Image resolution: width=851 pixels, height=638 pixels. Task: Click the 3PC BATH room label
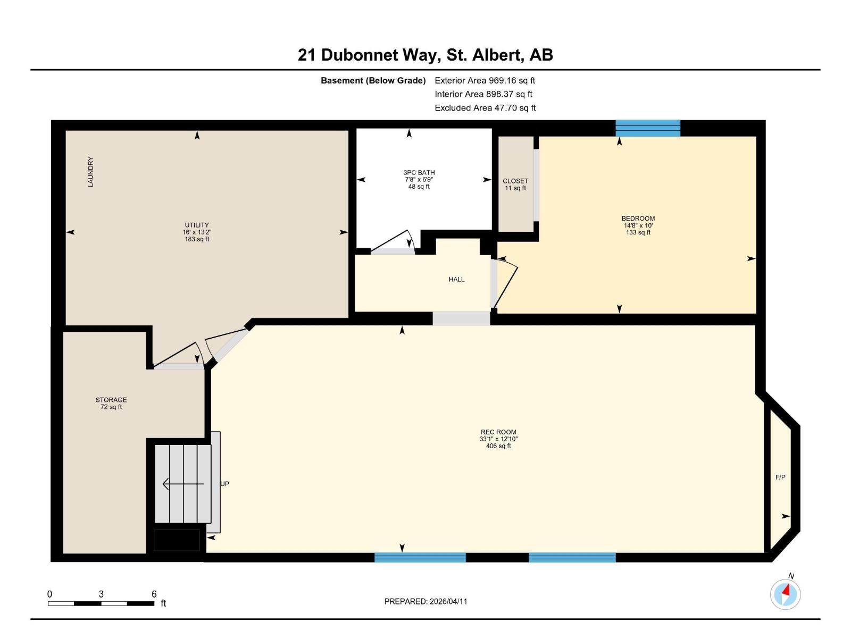point(419,173)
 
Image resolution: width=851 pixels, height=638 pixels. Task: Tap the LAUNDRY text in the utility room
point(90,172)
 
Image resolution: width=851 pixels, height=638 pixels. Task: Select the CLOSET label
point(515,181)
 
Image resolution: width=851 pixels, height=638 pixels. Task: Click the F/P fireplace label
point(780,477)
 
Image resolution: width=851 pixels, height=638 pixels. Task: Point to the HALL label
point(456,279)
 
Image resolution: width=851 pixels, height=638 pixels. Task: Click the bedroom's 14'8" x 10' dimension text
point(638,225)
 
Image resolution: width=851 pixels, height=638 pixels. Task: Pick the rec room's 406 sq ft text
point(498,446)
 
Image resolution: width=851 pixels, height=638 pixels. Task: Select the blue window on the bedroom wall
point(648,128)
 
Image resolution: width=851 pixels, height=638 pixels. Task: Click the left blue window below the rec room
point(420,557)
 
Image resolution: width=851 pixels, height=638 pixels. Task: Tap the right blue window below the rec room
point(572,557)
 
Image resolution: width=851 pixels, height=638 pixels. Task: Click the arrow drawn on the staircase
point(183,484)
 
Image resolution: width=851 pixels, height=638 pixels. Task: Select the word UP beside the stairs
point(225,484)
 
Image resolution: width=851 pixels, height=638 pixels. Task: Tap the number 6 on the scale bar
point(154,594)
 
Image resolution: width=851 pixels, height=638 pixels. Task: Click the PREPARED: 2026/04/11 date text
point(425,601)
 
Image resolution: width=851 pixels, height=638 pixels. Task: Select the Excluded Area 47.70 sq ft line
point(485,108)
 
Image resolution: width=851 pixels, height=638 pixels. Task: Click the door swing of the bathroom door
point(394,242)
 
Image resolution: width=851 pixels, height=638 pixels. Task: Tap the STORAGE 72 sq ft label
point(111,403)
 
